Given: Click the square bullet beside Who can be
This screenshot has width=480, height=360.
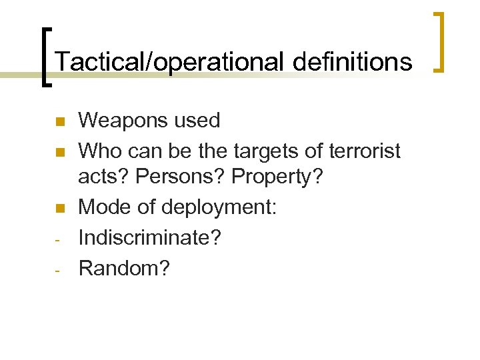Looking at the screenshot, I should [x=58, y=153].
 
